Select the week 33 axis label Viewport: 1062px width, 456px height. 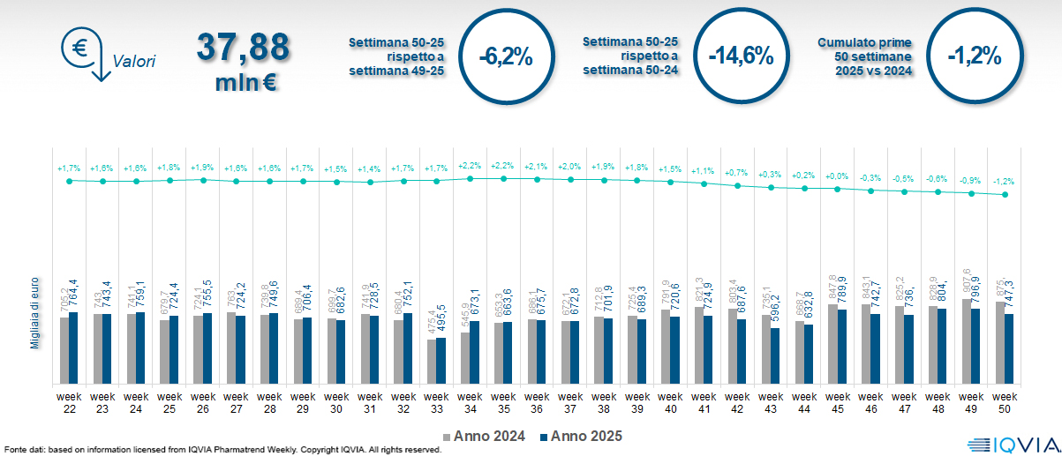pyautogui.click(x=436, y=402)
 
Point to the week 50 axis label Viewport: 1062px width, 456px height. pyautogui.click(x=1004, y=402)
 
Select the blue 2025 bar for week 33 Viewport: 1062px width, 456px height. pyautogui.click(x=441, y=362)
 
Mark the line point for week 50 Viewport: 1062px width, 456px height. pyautogui.click(x=1004, y=195)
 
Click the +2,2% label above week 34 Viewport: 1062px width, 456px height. pyautogui.click(x=470, y=165)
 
